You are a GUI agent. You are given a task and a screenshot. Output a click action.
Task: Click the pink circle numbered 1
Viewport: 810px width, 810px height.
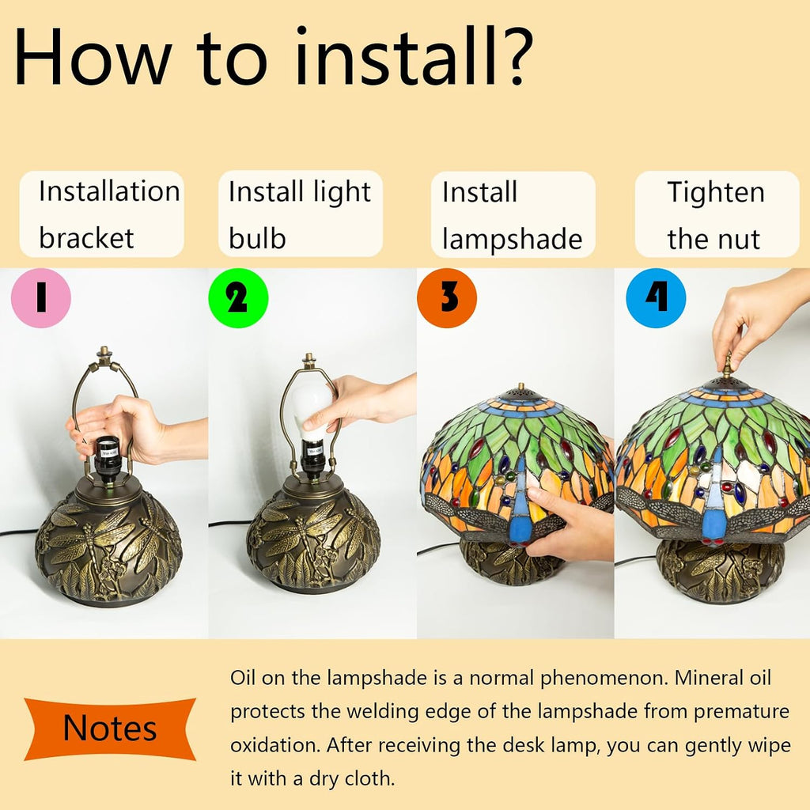pos(41,298)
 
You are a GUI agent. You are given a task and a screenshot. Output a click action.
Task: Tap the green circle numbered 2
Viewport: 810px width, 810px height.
pos(238,298)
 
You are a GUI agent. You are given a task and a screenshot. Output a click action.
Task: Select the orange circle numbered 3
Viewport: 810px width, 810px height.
pos(447,298)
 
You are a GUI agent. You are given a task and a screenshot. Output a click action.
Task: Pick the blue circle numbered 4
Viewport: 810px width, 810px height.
pos(656,298)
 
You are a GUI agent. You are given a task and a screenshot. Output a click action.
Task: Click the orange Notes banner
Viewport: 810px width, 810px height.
pos(110,729)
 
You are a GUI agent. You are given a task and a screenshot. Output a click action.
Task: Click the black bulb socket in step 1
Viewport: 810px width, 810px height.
pos(108,459)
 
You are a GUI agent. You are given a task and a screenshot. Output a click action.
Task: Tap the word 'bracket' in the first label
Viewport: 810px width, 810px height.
pos(86,238)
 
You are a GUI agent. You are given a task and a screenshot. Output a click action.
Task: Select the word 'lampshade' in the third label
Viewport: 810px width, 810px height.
pos(512,240)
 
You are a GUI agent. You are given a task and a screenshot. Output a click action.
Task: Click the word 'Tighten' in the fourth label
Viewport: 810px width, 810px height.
pos(715,192)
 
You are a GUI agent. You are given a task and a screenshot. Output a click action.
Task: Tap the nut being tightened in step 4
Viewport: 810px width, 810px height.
pos(728,365)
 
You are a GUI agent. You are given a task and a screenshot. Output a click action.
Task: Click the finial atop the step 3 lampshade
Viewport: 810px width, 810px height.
pos(520,387)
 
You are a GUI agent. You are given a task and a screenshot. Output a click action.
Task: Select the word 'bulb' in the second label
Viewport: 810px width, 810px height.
pos(257,238)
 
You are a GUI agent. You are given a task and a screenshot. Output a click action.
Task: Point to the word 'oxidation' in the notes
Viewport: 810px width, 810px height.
pos(274,745)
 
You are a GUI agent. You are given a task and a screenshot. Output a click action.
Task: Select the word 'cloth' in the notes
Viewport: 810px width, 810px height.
pos(369,778)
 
